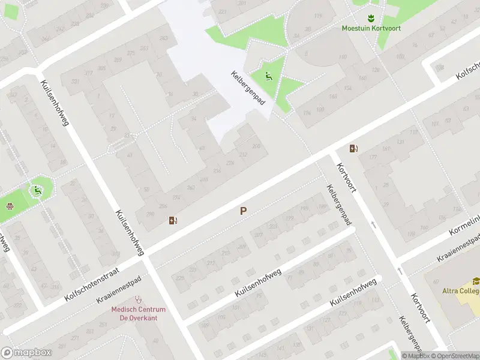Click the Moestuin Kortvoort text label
tap(371, 28)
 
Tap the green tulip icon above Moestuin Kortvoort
tap(371, 17)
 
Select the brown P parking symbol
tap(243, 211)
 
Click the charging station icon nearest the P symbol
tap(173, 220)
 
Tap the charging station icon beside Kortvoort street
tap(354, 148)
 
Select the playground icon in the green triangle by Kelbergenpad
tap(268, 76)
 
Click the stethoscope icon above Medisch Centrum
tap(139, 298)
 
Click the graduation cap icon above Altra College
tap(476, 281)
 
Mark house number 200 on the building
tap(257, 146)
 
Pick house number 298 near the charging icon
tap(148, 214)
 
